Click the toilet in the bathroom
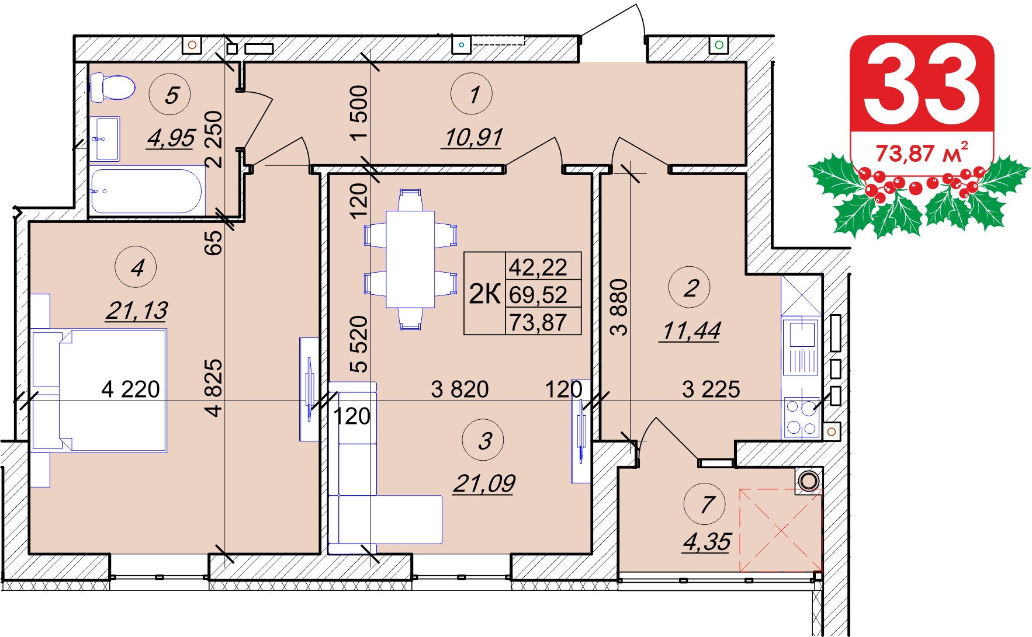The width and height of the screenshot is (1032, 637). click(x=112, y=88)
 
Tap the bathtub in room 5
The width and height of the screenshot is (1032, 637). click(x=147, y=191)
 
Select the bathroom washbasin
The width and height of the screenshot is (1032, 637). click(x=105, y=139)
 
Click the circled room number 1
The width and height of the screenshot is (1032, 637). click(x=472, y=94)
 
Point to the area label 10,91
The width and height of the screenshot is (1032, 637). click(x=472, y=138)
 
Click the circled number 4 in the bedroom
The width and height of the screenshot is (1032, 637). click(x=136, y=267)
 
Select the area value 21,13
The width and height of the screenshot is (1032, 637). click(x=137, y=311)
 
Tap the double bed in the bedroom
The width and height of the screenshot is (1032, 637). click(x=99, y=391)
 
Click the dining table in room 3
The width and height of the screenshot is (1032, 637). click(x=410, y=259)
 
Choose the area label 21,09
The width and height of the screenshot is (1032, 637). click(x=484, y=483)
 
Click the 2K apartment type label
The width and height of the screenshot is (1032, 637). click(x=484, y=294)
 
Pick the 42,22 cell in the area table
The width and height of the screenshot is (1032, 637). click(x=538, y=267)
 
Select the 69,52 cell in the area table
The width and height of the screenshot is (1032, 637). click(x=538, y=294)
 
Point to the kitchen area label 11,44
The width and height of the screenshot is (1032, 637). click(x=691, y=331)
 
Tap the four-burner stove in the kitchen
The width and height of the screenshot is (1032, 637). click(x=801, y=417)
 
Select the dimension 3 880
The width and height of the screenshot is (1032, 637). click(x=619, y=307)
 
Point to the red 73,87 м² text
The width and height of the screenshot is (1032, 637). click(x=922, y=152)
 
